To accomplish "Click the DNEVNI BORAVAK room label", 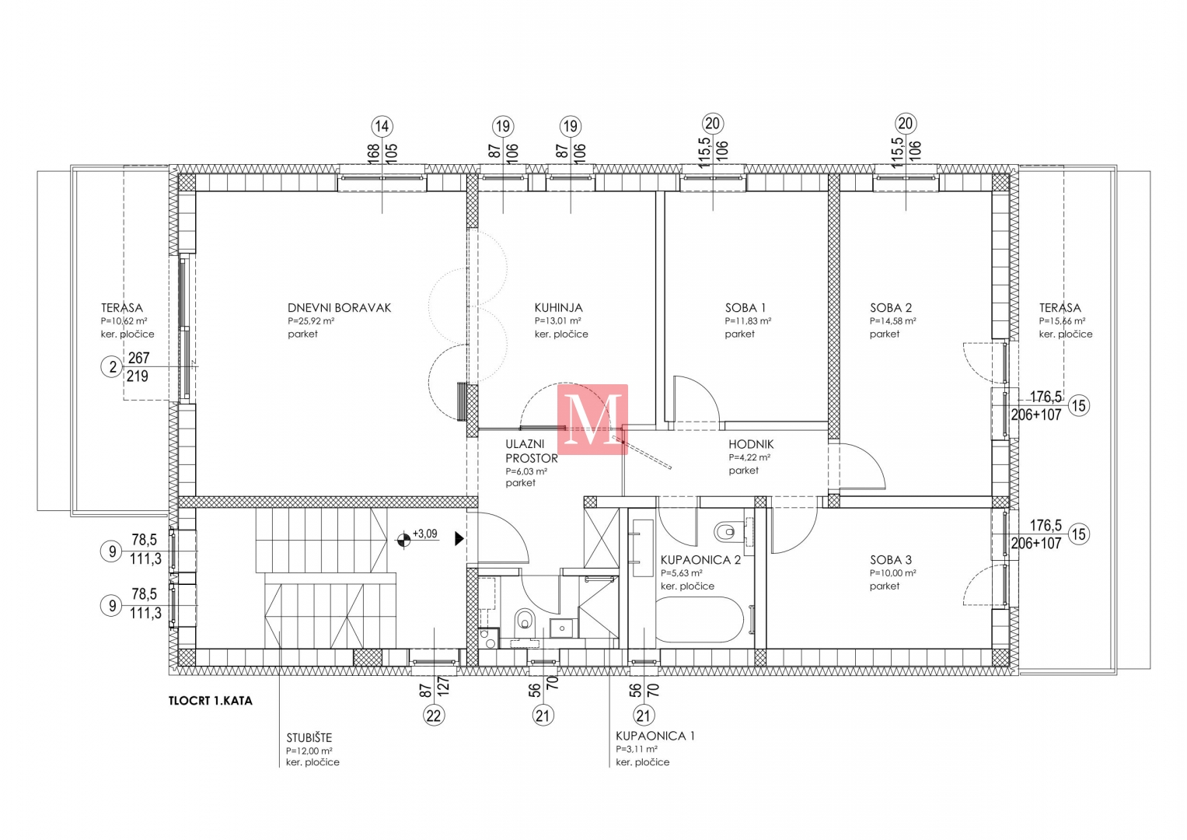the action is (x=339, y=307).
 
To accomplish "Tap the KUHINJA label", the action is (x=558, y=307).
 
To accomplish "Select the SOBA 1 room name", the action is (x=745, y=307).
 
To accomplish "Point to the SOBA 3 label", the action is (x=891, y=560).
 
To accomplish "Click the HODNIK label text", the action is (x=751, y=444).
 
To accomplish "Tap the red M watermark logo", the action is (x=592, y=419).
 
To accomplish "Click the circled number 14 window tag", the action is (x=382, y=126).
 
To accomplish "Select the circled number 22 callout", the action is (x=434, y=716).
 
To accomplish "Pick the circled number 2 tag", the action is (x=112, y=366).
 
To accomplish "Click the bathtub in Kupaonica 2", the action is (x=700, y=619).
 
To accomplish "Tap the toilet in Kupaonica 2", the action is (x=729, y=531).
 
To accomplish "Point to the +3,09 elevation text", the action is (x=425, y=534).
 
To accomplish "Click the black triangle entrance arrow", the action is (x=459, y=539).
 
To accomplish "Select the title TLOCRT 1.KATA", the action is (x=211, y=701).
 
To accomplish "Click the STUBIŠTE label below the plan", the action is (x=309, y=737).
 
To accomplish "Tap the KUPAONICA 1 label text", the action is (x=655, y=736).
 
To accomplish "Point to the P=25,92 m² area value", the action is (x=311, y=320).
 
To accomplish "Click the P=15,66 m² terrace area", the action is (x=1062, y=320).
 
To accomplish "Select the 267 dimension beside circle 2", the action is (x=139, y=358).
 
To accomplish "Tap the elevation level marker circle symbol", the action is (x=403, y=540).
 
